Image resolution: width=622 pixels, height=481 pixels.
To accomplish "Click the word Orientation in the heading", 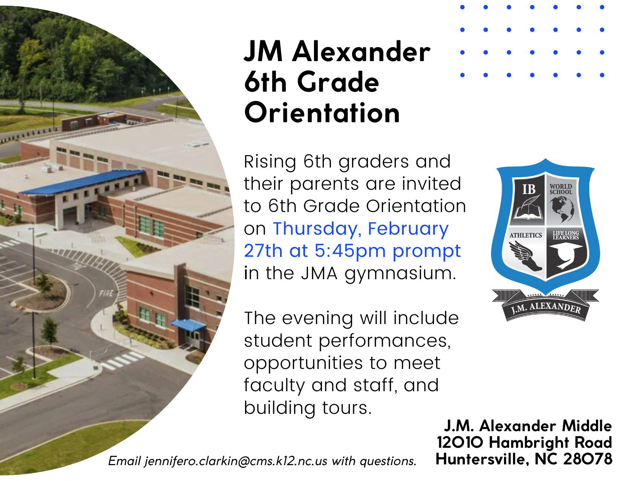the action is [x=322, y=112].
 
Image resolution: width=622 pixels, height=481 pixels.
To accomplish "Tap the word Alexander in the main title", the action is [x=361, y=52].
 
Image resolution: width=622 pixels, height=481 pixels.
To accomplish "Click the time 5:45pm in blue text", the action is [x=350, y=251].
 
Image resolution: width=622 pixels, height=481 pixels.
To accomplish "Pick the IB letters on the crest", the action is [x=529, y=189].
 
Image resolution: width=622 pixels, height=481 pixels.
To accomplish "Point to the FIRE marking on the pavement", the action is [x=106, y=294].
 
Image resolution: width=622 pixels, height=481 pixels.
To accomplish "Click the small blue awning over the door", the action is [x=188, y=326].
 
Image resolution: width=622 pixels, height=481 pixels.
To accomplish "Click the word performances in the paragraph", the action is [x=385, y=341].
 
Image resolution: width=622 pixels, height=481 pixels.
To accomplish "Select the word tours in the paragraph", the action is [x=347, y=408].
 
